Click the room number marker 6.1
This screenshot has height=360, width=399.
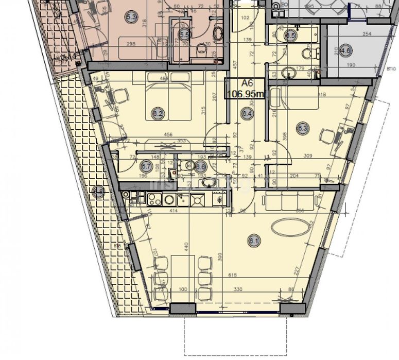point(253,239)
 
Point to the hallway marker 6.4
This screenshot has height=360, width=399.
point(247,114)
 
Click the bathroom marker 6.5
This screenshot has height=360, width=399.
point(291,36)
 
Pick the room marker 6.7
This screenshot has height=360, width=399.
point(146,166)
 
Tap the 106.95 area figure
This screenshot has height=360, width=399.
point(246,94)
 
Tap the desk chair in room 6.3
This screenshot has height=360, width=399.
point(327,137)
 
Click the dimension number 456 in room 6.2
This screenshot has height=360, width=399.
point(168,135)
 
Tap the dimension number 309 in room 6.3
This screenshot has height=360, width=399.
point(309,155)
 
